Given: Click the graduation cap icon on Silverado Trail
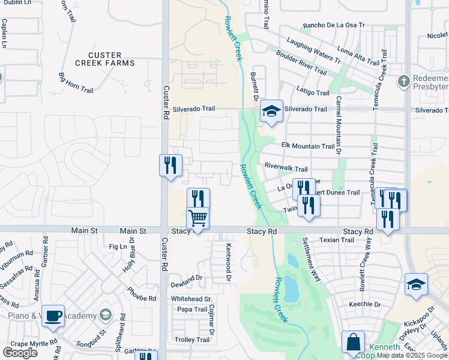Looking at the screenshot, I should pyautogui.click(x=271, y=111).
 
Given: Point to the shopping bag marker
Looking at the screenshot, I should pyautogui.click(x=353, y=342).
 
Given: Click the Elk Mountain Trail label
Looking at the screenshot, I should pyautogui.click(x=307, y=146).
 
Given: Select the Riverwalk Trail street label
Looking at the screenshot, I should pyautogui.click(x=286, y=169).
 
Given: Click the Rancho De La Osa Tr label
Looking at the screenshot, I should pyautogui.click(x=334, y=25).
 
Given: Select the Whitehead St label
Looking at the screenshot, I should pyautogui.click(x=190, y=298).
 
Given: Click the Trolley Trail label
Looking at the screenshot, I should pyautogui.click(x=192, y=340).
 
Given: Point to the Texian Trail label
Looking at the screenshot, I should pyautogui.click(x=337, y=240).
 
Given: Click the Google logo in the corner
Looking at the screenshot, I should pyautogui.click(x=20, y=352).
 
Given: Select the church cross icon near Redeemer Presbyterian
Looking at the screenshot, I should pyautogui.click(x=405, y=81).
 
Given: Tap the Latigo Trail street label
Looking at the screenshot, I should pyautogui.click(x=313, y=92).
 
